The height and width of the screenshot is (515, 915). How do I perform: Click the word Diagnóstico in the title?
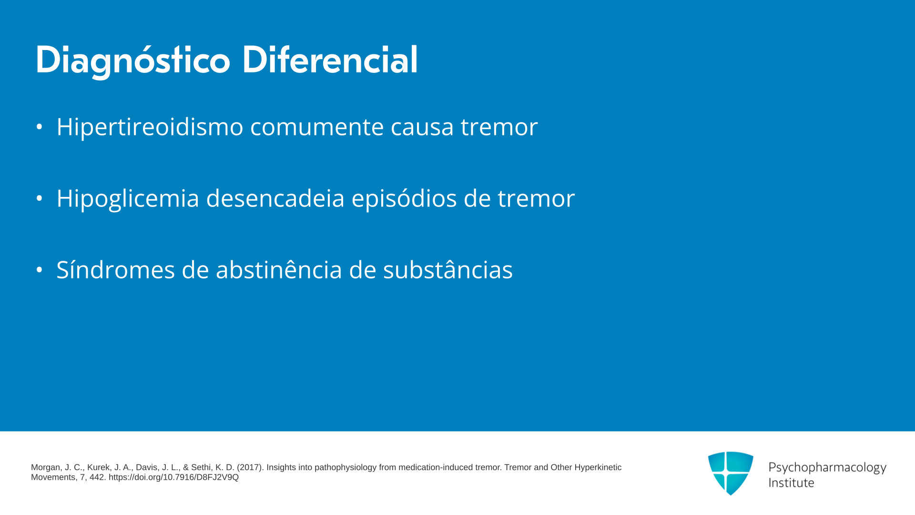click(133, 61)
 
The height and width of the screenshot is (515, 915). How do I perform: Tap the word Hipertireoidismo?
click(150, 127)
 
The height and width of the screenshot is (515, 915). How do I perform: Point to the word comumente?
click(317, 127)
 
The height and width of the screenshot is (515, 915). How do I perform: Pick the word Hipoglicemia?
click(128, 199)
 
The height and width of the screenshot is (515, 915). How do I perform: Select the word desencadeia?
click(275, 198)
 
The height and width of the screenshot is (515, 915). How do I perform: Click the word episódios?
click(404, 199)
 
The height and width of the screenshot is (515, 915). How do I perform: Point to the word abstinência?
click(279, 269)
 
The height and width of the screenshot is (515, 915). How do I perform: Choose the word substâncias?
click(448, 269)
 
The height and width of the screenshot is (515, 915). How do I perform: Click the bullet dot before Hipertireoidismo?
click(40, 127)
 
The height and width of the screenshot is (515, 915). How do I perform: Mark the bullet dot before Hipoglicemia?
click(40, 198)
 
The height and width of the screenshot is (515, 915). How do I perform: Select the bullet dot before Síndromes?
click(40, 270)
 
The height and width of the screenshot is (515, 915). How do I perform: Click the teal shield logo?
click(731, 473)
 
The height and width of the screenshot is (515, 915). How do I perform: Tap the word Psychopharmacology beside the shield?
click(827, 468)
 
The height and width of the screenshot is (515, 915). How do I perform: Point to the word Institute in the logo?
click(792, 483)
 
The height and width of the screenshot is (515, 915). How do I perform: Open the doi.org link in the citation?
click(173, 477)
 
